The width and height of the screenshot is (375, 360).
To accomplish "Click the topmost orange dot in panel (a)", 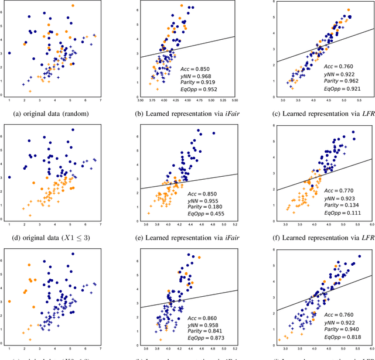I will (x=73, y=6).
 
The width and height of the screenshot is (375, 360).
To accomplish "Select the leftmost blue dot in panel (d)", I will (x=9, y=177).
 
